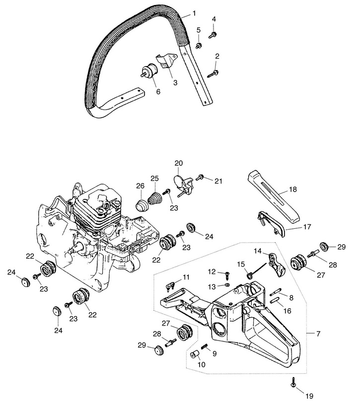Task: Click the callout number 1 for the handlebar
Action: pyautogui.click(x=194, y=13)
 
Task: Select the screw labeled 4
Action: pyautogui.click(x=213, y=35)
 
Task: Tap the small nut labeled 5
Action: pyautogui.click(x=199, y=46)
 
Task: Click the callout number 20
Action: pyautogui.click(x=179, y=163)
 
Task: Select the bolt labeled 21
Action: pyautogui.click(x=200, y=178)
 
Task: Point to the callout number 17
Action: pyautogui.click(x=307, y=227)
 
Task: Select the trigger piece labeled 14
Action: pyautogui.click(x=276, y=265)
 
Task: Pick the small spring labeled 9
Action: pyautogui.click(x=205, y=346)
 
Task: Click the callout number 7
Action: pyautogui.click(x=318, y=334)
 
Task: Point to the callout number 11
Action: pyautogui.click(x=186, y=277)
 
